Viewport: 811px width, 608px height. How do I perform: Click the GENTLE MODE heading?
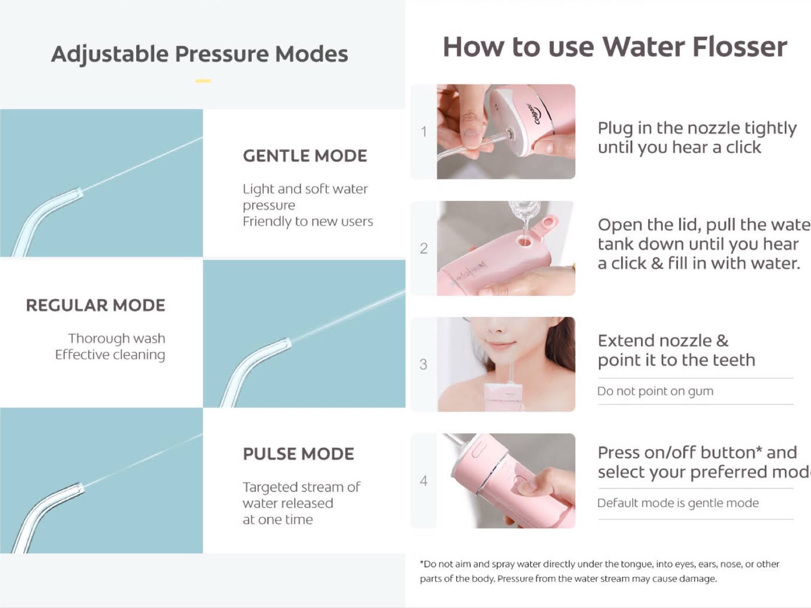coord(305,156)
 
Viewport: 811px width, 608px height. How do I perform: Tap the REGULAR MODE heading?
coord(95,305)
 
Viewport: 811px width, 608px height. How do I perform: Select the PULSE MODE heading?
coord(298,454)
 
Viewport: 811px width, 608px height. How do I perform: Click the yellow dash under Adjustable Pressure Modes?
coord(203,81)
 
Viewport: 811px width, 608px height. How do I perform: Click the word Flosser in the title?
coord(739,47)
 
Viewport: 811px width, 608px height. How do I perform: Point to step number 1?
coord(424,132)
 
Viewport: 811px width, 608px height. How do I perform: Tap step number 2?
coord(424,248)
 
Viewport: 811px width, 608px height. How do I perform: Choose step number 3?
coord(423,364)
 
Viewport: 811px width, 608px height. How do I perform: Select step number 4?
coord(424,481)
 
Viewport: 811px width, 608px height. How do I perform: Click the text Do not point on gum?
coord(655,391)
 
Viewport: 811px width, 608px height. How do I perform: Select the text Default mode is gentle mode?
coord(678,503)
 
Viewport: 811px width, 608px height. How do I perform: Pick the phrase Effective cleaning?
coord(110,355)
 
